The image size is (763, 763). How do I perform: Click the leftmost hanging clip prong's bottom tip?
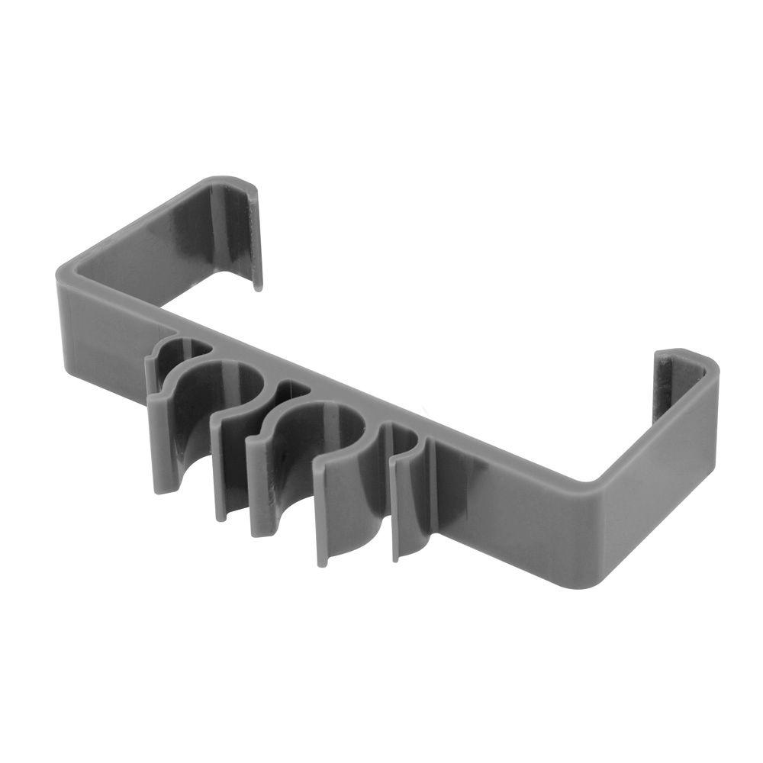pyautogui.click(x=163, y=488)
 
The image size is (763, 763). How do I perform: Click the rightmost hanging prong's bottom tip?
pyautogui.click(x=397, y=557)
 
